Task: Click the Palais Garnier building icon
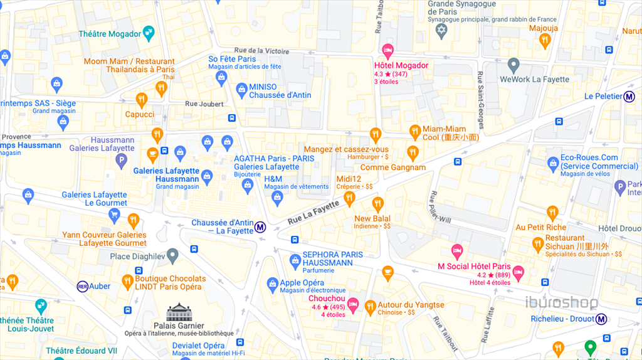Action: point(179,312)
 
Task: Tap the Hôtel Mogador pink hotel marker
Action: point(387,50)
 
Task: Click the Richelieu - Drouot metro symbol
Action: point(601,319)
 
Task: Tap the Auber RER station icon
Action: point(82,286)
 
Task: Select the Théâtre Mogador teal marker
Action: point(149,31)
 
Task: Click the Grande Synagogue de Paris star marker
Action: point(442,31)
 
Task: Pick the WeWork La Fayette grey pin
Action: point(514,65)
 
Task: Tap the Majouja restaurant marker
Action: point(544,41)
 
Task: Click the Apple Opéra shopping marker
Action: point(272,283)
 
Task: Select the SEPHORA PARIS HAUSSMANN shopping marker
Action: point(295,260)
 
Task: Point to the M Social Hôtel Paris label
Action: point(474,266)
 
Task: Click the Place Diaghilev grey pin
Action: point(172,255)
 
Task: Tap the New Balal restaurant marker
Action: point(377,204)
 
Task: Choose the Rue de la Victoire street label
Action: point(261,51)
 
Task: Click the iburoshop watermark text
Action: point(561,302)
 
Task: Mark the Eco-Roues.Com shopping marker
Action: point(553,164)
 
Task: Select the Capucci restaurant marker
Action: point(142,100)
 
